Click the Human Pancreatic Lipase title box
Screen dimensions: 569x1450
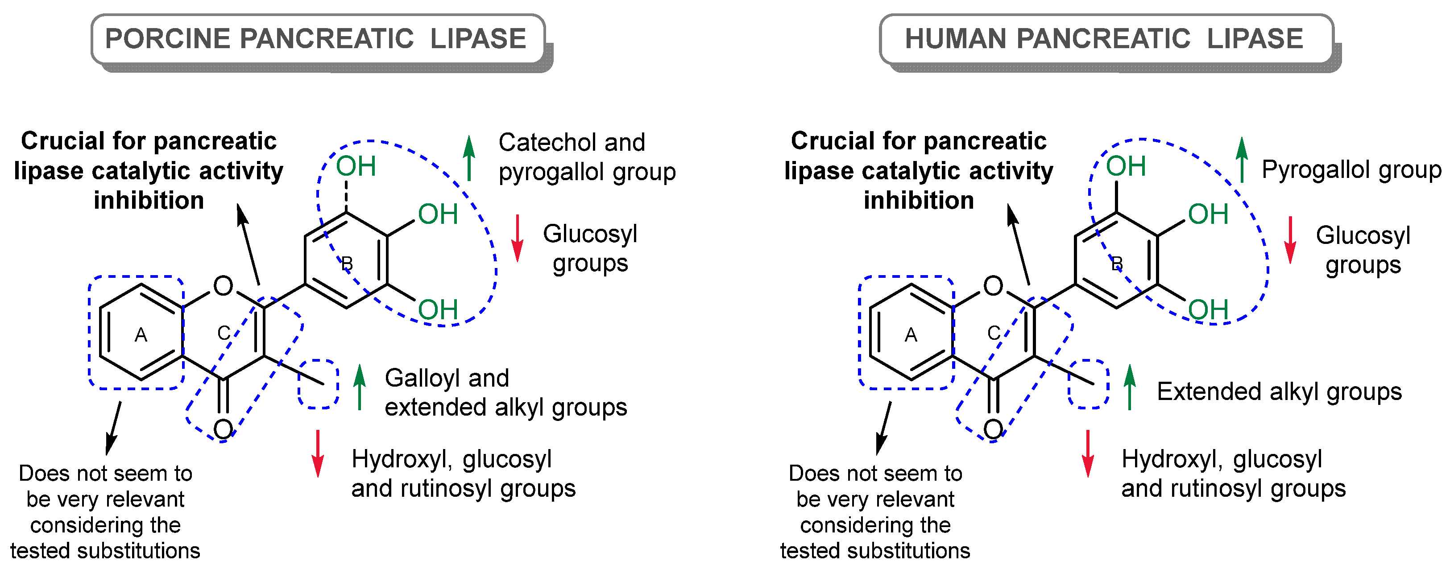click(x=1106, y=39)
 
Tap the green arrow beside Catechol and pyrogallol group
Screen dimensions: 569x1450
click(x=469, y=158)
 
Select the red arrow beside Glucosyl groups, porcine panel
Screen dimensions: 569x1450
click(x=517, y=238)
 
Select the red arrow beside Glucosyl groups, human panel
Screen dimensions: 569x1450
click(x=1289, y=240)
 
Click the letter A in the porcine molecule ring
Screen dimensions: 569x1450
click(x=141, y=335)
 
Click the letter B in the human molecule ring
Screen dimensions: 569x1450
click(x=1117, y=264)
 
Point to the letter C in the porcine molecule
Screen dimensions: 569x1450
click(x=224, y=333)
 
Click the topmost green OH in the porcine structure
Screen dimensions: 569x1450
click(x=356, y=167)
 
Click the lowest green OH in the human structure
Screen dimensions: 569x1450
click(x=1207, y=309)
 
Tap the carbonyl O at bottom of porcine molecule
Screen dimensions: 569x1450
click(x=223, y=429)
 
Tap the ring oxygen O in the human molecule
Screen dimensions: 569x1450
click(x=993, y=286)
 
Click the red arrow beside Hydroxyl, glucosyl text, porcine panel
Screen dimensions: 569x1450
click(x=318, y=453)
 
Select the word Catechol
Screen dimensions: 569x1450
click(x=540, y=142)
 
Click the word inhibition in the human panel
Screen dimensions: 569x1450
click(x=919, y=200)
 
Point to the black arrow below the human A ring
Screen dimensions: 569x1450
click(x=883, y=428)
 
